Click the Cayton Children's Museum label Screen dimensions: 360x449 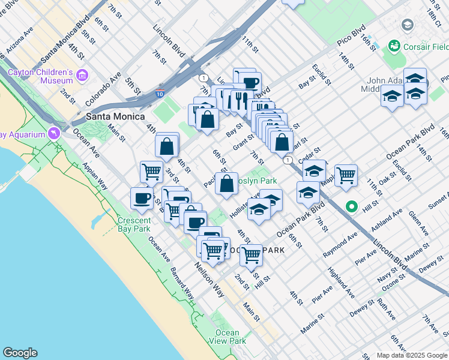tap(40, 76)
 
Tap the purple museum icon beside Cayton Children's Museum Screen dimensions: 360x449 tap(82, 76)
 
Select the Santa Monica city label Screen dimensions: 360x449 tap(115, 116)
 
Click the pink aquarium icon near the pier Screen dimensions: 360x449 tap(55, 132)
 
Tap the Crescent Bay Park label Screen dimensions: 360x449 tap(133, 224)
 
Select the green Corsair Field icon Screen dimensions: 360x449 tap(394, 46)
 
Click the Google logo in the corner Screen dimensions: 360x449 tap(20, 353)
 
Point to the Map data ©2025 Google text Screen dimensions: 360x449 tap(411, 355)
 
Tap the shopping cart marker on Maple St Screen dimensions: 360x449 tap(346, 176)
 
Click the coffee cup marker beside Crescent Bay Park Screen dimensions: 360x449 tap(142, 197)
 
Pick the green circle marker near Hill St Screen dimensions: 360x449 tap(352, 208)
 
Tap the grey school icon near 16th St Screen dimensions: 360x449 tap(408, 25)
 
